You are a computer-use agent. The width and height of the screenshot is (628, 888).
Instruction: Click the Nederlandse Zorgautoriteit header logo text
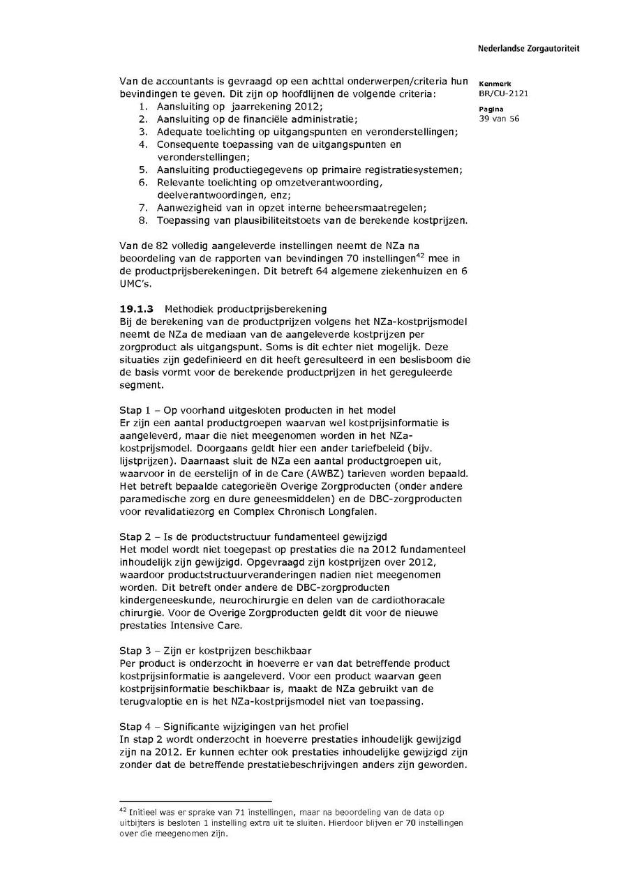528,49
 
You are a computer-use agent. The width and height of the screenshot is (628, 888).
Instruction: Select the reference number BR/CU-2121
498,93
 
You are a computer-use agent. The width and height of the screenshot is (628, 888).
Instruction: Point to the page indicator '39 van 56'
499,119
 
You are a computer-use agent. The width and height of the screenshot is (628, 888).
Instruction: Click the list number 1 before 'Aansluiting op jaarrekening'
142,106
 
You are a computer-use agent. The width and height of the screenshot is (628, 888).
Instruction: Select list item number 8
142,220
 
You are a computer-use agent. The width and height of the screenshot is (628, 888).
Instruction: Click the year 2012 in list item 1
306,106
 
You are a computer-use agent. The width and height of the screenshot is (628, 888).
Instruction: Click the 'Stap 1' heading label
135,409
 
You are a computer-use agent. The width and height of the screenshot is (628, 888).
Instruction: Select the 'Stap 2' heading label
135,536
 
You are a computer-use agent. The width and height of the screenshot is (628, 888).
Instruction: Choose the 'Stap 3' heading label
135,651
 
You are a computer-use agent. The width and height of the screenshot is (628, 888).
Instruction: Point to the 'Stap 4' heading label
135,727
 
